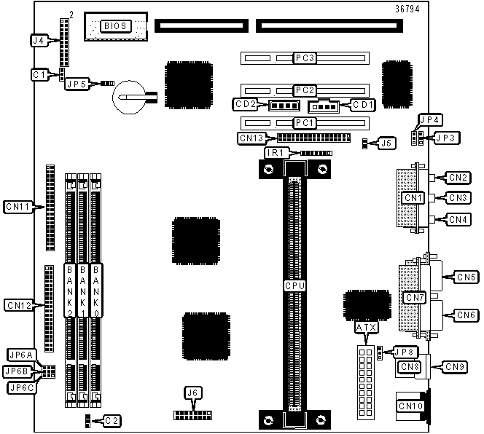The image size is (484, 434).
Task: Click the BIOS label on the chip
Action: click(x=115, y=26)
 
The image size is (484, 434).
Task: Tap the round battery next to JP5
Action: click(x=129, y=97)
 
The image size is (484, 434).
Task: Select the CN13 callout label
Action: click(x=252, y=138)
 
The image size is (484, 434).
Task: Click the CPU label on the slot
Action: click(x=294, y=286)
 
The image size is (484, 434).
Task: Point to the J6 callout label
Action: click(x=192, y=392)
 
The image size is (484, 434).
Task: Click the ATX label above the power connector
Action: click(x=366, y=327)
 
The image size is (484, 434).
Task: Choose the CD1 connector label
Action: click(x=363, y=105)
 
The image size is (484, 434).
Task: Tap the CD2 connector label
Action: click(x=246, y=104)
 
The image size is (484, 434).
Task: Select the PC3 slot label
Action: click(x=305, y=58)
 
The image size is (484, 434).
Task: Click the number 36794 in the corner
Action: click(x=407, y=9)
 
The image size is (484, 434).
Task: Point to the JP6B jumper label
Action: click(x=17, y=371)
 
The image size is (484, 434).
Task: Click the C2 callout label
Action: click(x=112, y=421)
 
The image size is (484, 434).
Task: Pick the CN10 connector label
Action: click(x=410, y=406)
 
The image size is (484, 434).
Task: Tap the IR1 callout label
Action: click(x=276, y=153)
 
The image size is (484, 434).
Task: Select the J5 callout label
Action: click(x=386, y=143)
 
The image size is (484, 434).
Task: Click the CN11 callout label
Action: click(x=18, y=207)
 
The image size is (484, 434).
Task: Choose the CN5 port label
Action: click(x=466, y=277)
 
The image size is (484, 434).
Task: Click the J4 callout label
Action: click(x=39, y=40)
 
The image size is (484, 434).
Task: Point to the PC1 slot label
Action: click(x=305, y=123)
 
